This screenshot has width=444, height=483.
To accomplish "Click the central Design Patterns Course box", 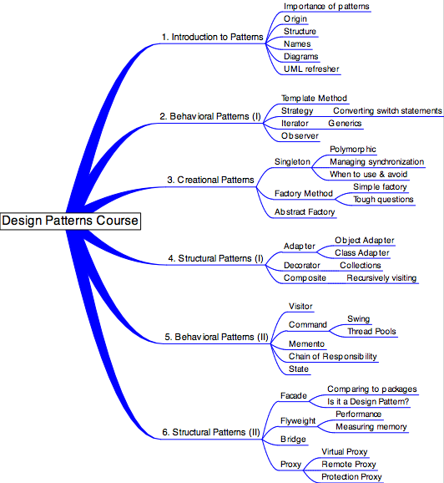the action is (x=70, y=221).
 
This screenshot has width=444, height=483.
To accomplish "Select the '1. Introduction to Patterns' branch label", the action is (x=212, y=37).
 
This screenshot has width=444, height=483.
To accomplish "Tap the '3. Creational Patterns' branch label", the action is (x=210, y=180).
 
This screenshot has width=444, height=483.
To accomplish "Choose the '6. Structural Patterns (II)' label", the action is (x=211, y=432).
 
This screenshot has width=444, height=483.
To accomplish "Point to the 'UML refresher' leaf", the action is (x=311, y=69).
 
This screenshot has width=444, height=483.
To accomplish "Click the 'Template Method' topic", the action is (x=314, y=99).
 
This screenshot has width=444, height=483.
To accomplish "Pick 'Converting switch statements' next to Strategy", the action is (x=387, y=111).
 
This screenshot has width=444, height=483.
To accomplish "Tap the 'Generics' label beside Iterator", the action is (x=345, y=123).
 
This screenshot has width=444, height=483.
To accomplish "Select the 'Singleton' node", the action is (x=292, y=162).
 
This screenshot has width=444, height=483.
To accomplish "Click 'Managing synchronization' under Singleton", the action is (x=377, y=162).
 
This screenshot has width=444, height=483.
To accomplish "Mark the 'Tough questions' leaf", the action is (x=383, y=199).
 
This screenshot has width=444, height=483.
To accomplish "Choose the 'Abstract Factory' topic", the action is (x=305, y=212).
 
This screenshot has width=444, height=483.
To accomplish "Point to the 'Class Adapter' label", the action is (x=362, y=253).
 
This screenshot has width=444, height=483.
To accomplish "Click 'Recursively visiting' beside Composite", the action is (x=381, y=277).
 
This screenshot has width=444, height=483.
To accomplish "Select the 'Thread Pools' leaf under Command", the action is (x=371, y=332).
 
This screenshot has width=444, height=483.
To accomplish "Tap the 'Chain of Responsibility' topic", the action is (x=333, y=356).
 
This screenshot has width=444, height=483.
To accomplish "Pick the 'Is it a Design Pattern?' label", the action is (x=368, y=402).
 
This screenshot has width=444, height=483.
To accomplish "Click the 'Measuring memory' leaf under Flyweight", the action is (x=371, y=427).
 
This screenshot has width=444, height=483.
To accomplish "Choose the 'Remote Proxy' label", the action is (x=349, y=465).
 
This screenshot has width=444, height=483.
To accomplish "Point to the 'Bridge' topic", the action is (x=293, y=440).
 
